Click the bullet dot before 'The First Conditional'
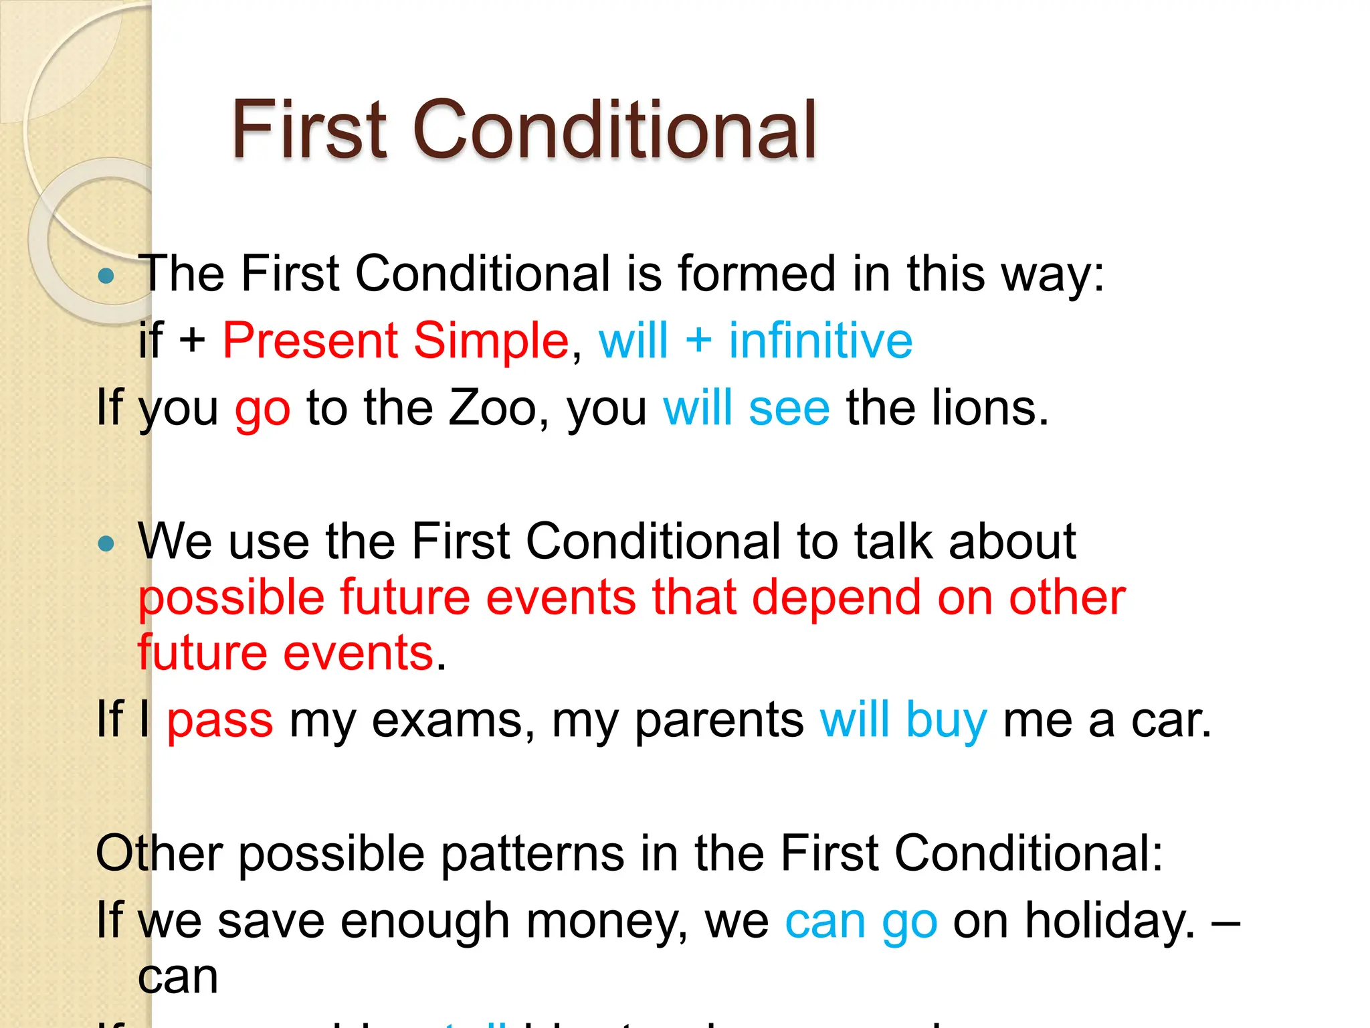point(106,276)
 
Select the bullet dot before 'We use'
point(106,543)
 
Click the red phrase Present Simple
point(395,341)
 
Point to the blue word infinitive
point(820,341)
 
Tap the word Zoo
point(492,408)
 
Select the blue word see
point(789,409)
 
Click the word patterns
point(532,855)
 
